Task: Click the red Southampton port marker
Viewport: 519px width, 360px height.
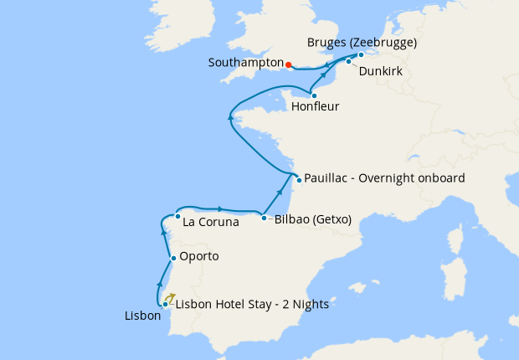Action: (287, 64)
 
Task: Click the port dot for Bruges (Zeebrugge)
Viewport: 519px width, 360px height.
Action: (361, 55)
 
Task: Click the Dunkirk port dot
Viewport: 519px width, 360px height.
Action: (349, 62)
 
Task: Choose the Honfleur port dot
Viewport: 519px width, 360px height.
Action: (314, 95)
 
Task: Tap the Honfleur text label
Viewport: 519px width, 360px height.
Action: (315, 107)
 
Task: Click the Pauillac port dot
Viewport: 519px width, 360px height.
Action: (298, 178)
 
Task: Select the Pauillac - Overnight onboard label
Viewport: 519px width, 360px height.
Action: (385, 178)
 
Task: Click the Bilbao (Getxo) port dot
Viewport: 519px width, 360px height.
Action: (265, 219)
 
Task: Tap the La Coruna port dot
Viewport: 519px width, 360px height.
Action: (177, 216)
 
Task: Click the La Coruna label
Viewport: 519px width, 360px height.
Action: (211, 223)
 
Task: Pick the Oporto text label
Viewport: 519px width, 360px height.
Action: (199, 256)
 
